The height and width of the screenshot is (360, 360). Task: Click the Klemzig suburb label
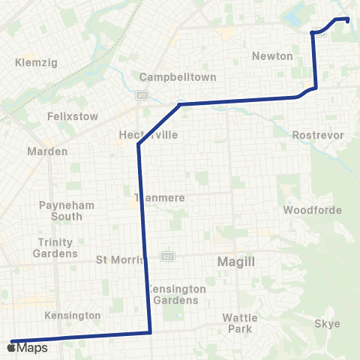coord(30,64)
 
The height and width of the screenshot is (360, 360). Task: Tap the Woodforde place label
coord(307,210)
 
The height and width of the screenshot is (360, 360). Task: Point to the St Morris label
coord(116,260)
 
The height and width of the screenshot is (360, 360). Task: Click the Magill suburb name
coord(236,262)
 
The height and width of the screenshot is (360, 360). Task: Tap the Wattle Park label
coord(240,322)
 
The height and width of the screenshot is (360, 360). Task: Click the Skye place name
coord(327,324)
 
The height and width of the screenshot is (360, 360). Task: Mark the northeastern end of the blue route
coord(348,19)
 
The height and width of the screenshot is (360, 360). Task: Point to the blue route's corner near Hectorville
coord(139,145)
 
